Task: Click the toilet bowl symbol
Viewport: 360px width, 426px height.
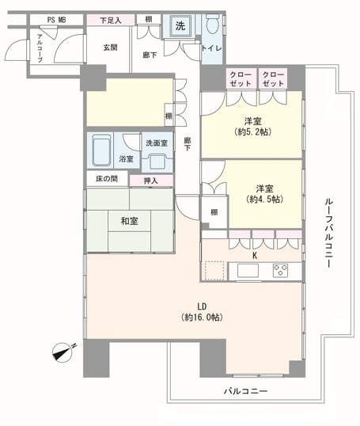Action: point(212,24)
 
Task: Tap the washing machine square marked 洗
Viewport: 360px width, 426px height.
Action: point(180,26)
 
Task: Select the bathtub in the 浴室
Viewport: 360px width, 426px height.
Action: point(101,150)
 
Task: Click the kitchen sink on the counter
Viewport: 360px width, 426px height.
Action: point(248,271)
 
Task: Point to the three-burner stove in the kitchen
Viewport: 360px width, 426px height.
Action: point(280,271)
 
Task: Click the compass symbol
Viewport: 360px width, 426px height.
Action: point(63,352)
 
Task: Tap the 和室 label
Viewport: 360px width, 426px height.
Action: point(129,221)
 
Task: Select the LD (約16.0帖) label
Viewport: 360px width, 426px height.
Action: point(202,312)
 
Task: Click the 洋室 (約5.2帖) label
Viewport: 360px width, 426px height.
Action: point(252,127)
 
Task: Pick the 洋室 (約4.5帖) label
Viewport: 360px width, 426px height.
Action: point(265,194)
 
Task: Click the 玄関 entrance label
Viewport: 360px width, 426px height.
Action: point(110,48)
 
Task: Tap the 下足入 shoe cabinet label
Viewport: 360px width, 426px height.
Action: point(111,21)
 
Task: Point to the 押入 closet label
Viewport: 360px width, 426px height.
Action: point(150,181)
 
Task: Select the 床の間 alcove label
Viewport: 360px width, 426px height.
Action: point(107,179)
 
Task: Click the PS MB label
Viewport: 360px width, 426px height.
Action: point(56,20)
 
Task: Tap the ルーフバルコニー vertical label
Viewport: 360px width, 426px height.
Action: point(329,233)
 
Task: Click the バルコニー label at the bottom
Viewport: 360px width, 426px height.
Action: point(245,391)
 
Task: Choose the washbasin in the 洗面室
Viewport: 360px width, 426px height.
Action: point(157,162)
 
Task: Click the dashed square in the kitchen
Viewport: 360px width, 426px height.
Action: point(214,271)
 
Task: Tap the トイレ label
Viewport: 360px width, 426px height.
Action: point(211,48)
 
